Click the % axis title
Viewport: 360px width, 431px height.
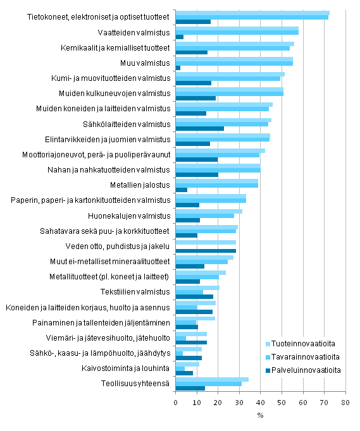(x=259, y=416)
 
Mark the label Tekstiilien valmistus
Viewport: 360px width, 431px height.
(x=135, y=291)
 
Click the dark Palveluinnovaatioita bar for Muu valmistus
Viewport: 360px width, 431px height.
(x=178, y=68)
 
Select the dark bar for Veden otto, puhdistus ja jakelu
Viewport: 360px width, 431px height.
(x=206, y=251)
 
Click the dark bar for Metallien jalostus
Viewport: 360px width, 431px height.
(x=181, y=190)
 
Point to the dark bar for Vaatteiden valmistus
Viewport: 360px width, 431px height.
(x=179, y=37)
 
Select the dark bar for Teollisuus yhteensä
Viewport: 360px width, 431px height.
(x=190, y=388)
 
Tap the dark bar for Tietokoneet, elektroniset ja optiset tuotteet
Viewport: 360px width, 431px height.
(x=193, y=22)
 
